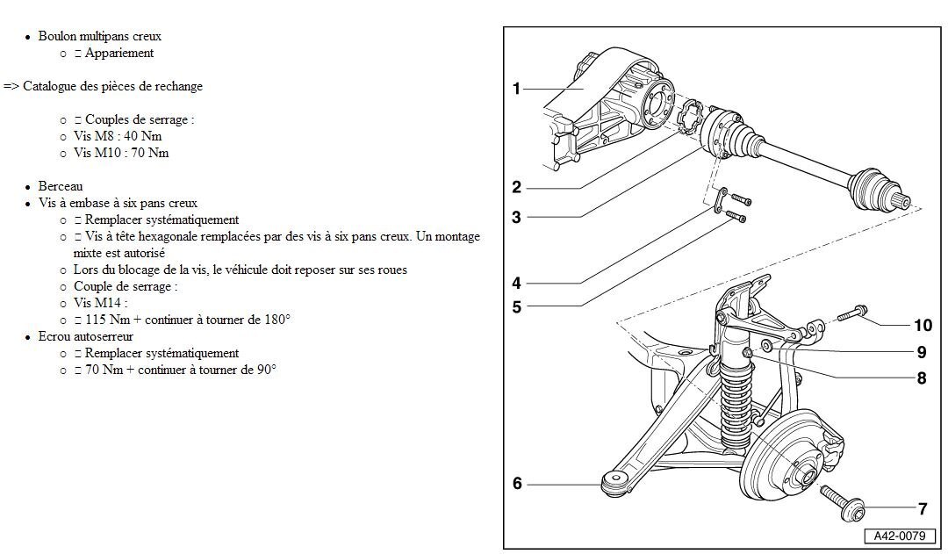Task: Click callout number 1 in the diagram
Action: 517,88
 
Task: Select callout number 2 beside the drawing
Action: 517,187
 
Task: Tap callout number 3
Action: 517,217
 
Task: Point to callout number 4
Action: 517,283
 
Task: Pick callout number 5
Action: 517,306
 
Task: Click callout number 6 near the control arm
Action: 517,483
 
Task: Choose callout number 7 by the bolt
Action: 923,508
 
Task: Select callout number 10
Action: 923,326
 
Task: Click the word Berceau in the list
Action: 61,187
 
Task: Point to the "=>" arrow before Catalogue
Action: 11,86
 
